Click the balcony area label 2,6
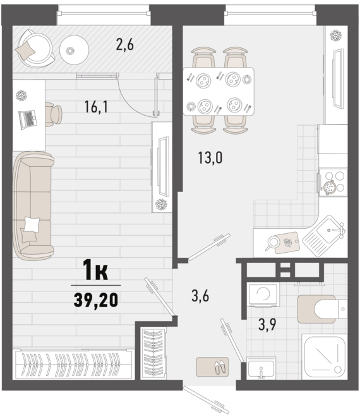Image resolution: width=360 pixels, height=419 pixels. tap(124, 44)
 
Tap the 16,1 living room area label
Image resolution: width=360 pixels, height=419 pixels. tap(96, 107)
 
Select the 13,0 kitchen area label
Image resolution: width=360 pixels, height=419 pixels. tap(210, 157)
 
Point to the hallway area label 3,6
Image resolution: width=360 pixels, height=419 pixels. tap(200, 296)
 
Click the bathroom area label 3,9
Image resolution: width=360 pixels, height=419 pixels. tap(267, 324)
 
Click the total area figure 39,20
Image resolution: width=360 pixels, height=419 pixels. tap(96, 300)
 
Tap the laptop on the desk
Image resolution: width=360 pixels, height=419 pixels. tap(28, 119)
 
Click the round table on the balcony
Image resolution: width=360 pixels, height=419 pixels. tap(74, 50)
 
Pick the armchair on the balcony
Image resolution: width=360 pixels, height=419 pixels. tap(35, 49)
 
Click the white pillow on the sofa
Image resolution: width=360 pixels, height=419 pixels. tap(32, 224)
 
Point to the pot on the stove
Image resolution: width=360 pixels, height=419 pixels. tap(329, 186)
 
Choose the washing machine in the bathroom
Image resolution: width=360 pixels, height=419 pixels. tap(263, 295)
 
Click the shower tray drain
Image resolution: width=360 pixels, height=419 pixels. tap(338, 370)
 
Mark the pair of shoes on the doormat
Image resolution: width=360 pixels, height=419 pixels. tap(220, 367)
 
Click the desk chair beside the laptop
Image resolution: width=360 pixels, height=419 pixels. tap(54, 114)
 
